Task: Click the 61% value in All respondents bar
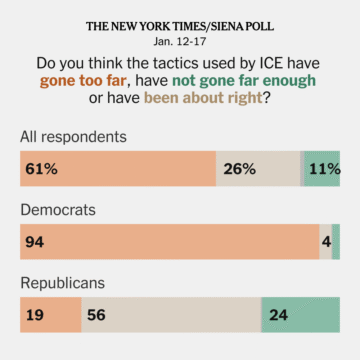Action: [x=42, y=170]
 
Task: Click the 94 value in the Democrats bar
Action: [x=38, y=242]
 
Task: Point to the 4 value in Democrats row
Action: [x=326, y=242]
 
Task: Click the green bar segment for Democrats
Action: [x=336, y=242]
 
